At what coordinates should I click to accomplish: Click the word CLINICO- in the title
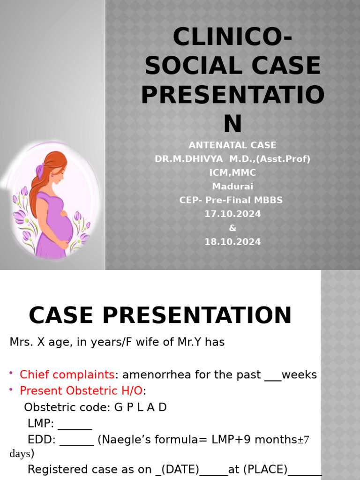232,37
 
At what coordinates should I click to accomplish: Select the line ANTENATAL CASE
232,145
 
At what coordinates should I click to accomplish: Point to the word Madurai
232,187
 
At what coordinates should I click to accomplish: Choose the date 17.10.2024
232,214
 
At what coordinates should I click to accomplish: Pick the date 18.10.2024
232,242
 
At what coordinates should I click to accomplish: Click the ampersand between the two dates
232,228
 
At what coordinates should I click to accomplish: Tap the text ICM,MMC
232,173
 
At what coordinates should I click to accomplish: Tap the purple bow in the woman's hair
41,167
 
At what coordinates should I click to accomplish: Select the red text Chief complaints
67,375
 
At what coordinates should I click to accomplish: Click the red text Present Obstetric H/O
81,391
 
